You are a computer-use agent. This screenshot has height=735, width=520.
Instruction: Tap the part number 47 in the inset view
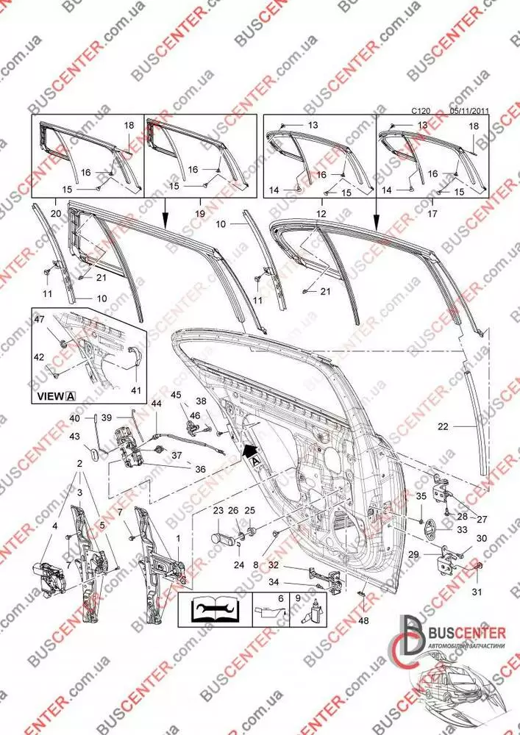39,319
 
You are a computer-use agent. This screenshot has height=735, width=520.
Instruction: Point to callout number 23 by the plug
218,510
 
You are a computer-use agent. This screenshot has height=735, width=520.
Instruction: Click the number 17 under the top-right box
432,214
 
